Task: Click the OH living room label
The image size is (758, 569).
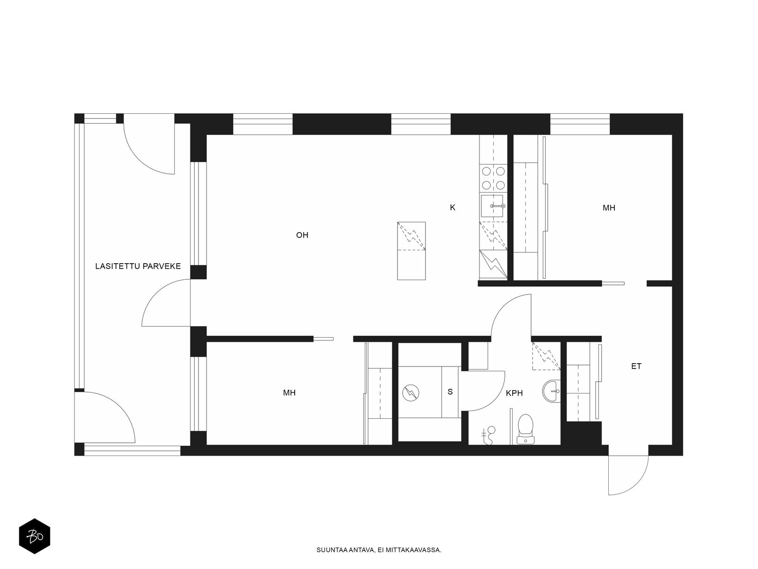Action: [x=302, y=235]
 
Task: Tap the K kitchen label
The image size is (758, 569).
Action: [x=452, y=208]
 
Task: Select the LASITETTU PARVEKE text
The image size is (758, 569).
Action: [x=138, y=266]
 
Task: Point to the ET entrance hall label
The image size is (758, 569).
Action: [x=636, y=366]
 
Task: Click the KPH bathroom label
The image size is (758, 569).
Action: [x=514, y=393]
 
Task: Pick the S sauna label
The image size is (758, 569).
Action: [x=450, y=392]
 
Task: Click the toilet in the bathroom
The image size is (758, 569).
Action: [x=525, y=429]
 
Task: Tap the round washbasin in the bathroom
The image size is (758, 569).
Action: [x=551, y=391]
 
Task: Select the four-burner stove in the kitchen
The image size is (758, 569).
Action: [x=494, y=178]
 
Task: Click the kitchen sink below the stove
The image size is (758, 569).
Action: [x=492, y=206]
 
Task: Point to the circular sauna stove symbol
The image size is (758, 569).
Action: [x=411, y=393]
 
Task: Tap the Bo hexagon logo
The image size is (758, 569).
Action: [x=35, y=536]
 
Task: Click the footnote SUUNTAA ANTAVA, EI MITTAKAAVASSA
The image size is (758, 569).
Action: [x=379, y=550]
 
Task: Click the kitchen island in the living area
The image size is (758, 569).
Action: [x=411, y=251]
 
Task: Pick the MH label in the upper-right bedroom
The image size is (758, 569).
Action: [x=609, y=208]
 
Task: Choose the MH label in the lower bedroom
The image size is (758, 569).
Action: [x=289, y=393]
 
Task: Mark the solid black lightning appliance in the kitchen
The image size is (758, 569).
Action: [x=493, y=264]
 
